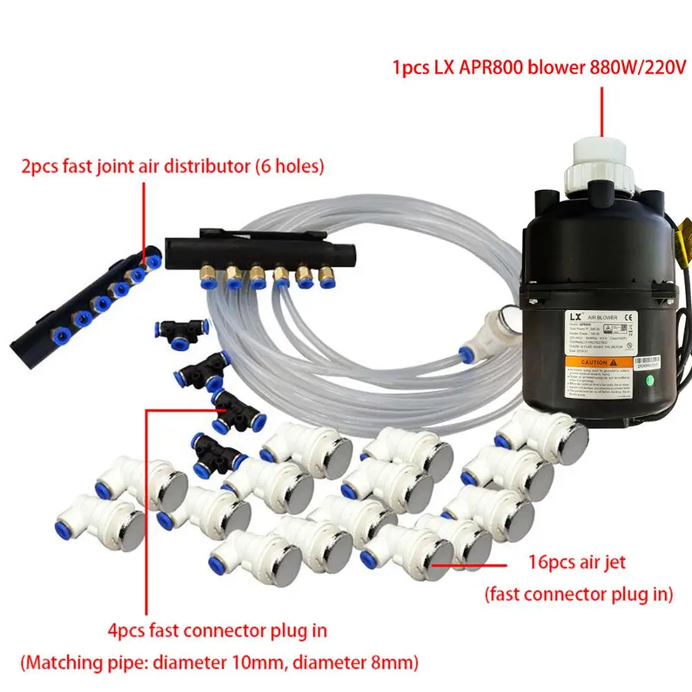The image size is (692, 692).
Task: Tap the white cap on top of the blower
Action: tap(599, 156)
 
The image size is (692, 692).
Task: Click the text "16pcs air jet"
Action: tap(576, 562)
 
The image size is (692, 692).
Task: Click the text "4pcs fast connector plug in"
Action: tap(217, 630)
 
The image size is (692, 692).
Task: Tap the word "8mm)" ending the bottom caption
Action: tap(396, 662)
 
